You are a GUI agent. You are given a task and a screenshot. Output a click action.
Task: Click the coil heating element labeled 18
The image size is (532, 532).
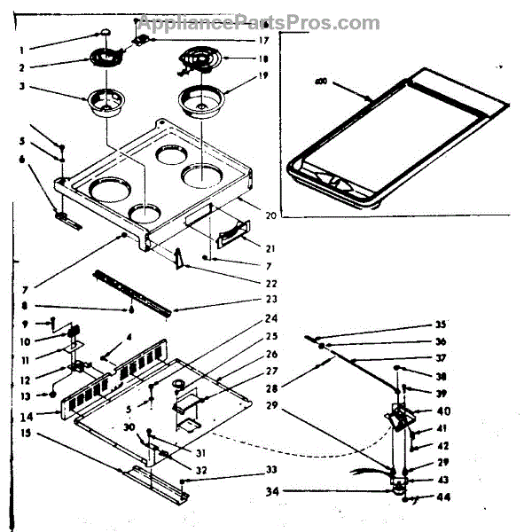199,62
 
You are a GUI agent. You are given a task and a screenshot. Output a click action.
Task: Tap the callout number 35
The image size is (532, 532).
416,325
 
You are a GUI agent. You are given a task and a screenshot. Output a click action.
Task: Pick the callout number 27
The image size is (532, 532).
270,372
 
